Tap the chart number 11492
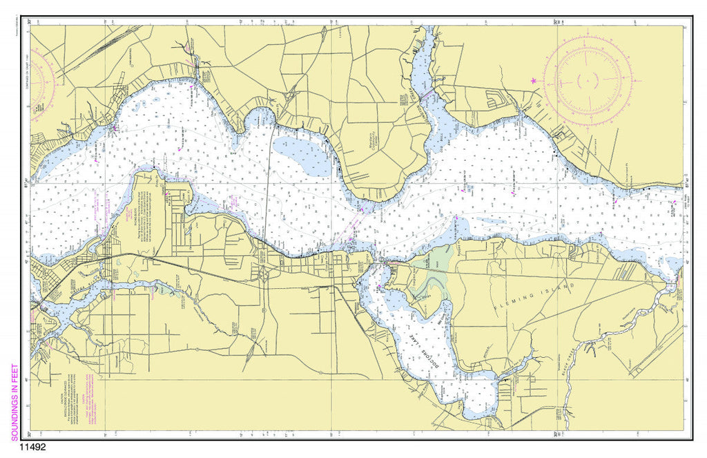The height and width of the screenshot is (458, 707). click(x=28, y=447)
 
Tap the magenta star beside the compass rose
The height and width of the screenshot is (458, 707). click(x=533, y=81)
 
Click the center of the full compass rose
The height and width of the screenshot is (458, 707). click(x=588, y=80)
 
